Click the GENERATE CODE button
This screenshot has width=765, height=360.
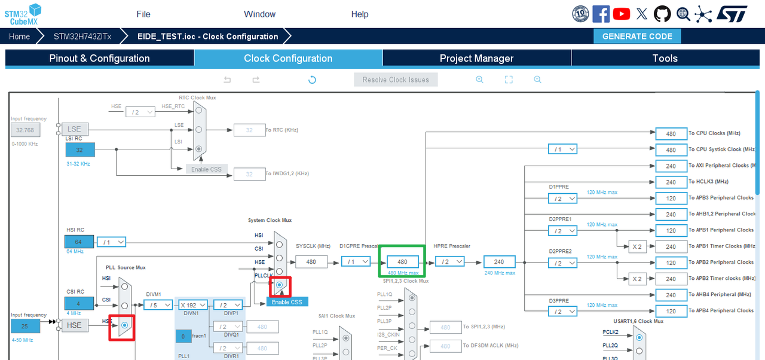(x=637, y=36)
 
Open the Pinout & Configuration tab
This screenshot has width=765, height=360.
(x=99, y=58)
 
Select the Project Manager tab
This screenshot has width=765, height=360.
(x=476, y=58)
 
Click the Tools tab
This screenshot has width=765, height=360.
(x=665, y=58)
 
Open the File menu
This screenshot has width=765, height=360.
(x=143, y=14)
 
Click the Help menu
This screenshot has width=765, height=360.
(x=360, y=14)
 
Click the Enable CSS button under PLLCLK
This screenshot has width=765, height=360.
(x=287, y=302)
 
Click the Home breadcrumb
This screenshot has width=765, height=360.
(x=19, y=36)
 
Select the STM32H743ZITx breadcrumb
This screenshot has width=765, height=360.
(x=82, y=36)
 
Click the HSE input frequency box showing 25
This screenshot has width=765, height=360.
(x=25, y=325)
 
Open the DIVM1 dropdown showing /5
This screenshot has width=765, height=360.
(x=158, y=305)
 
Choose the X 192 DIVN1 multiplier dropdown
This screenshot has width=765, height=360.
(x=192, y=305)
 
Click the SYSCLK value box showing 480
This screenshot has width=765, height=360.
(x=311, y=262)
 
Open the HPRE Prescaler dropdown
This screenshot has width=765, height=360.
(x=449, y=262)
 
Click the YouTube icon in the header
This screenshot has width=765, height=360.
(x=622, y=14)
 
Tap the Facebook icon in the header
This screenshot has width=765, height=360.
(x=601, y=14)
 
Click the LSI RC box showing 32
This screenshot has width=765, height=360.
(x=79, y=150)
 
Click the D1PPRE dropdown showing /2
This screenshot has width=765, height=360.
(x=563, y=199)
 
